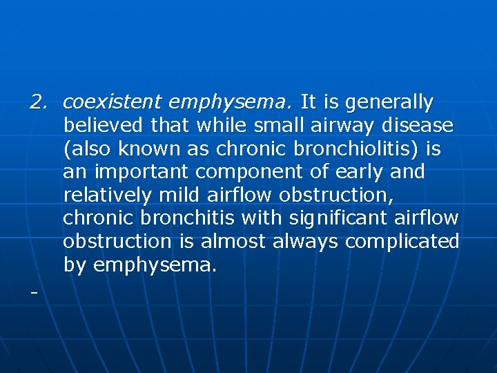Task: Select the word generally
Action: click(389, 103)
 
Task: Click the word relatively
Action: click(107, 195)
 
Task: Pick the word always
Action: click(306, 242)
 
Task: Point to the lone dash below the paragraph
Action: click(32, 292)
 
